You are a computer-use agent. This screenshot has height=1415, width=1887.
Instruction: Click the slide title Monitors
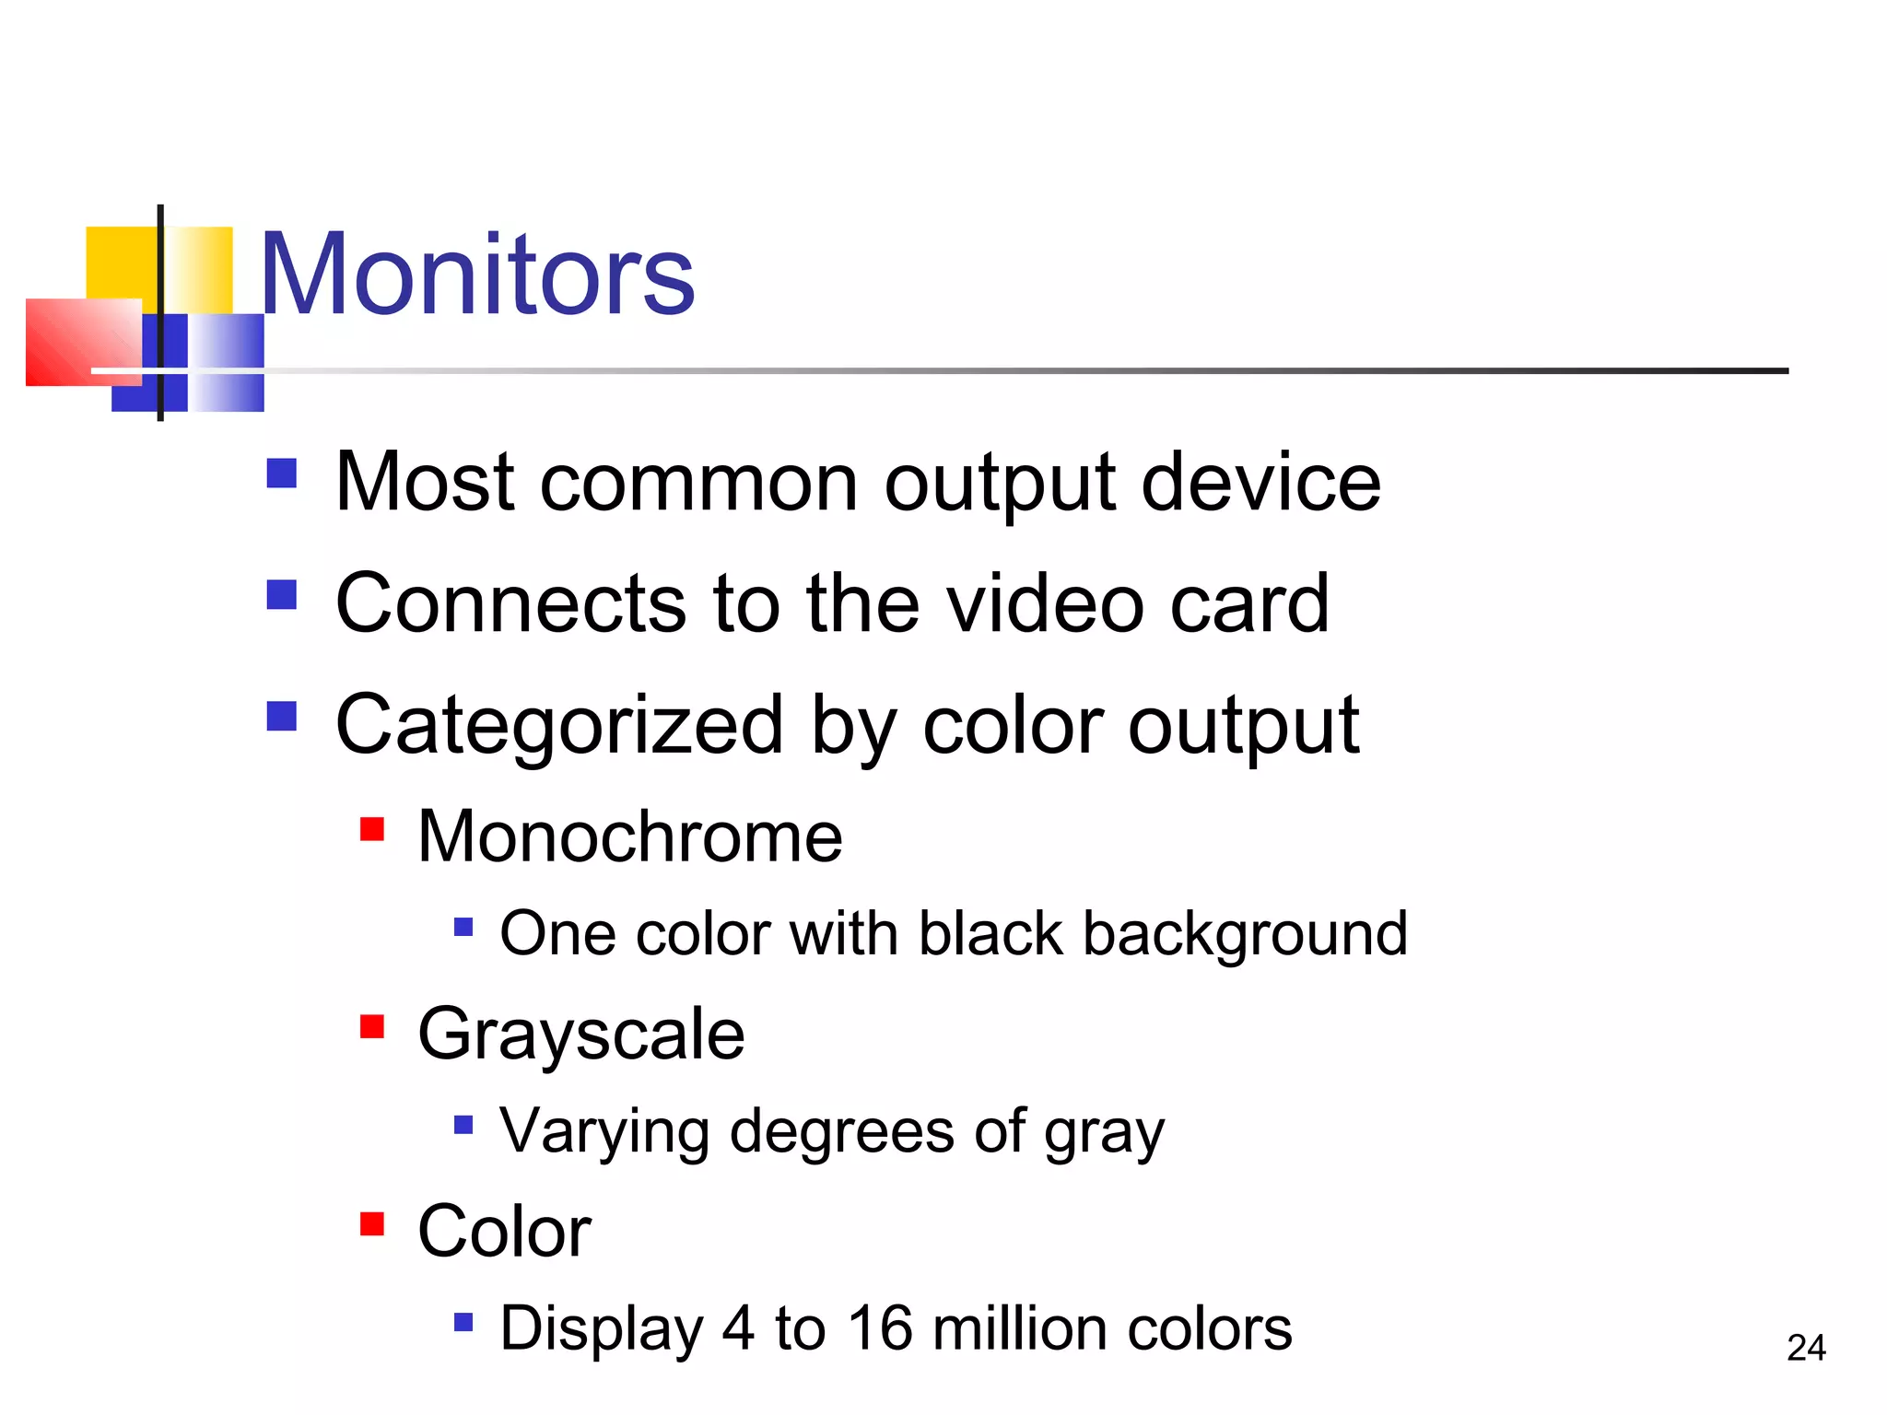pyautogui.click(x=477, y=275)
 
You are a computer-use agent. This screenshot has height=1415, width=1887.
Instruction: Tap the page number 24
pyautogui.click(x=1805, y=1348)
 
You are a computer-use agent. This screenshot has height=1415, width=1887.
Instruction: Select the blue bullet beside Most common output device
pyautogui.click(x=282, y=474)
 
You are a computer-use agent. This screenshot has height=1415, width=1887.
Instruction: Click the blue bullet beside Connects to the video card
pyautogui.click(x=282, y=594)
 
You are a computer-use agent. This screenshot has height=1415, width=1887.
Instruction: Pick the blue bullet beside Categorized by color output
pyautogui.click(x=282, y=716)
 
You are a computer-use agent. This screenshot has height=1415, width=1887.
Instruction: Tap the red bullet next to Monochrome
pyautogui.click(x=372, y=829)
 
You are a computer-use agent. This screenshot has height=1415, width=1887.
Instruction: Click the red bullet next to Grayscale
pyautogui.click(x=372, y=1026)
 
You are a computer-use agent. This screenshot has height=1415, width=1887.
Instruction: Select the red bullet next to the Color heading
pyautogui.click(x=372, y=1223)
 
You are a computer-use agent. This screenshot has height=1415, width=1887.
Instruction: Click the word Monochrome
pyautogui.click(x=629, y=836)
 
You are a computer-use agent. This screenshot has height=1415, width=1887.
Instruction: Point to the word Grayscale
pyautogui.click(x=580, y=1035)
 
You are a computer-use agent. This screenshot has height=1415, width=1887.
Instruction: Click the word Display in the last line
pyautogui.click(x=602, y=1329)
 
